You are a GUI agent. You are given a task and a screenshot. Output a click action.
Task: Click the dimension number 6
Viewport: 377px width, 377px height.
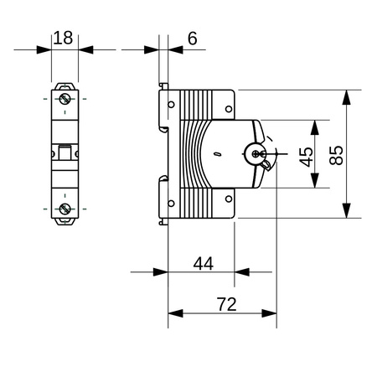click(192, 38)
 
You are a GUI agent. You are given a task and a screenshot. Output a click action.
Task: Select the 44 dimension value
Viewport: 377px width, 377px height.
click(203, 263)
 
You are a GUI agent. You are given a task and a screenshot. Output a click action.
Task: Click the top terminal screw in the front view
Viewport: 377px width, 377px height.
click(65, 100)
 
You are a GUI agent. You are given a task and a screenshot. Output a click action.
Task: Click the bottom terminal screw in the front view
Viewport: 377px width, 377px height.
click(65, 208)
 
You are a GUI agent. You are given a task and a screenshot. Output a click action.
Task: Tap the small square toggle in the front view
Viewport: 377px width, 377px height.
click(65, 153)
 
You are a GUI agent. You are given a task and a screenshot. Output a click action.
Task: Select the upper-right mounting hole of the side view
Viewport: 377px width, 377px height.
click(228, 107)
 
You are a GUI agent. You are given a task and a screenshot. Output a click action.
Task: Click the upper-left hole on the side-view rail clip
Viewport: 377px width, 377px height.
click(172, 106)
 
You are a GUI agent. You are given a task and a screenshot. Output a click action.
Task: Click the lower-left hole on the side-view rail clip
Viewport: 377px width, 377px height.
click(172, 202)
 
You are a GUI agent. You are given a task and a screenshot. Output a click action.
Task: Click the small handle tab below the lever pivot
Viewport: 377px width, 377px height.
click(266, 165)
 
